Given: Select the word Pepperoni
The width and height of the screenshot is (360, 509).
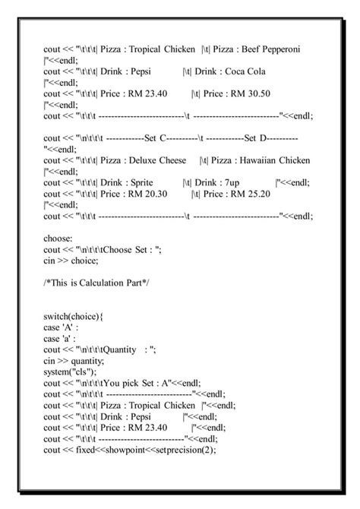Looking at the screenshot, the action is coord(284,49).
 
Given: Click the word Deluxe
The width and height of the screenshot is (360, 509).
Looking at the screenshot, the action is coord(145,161).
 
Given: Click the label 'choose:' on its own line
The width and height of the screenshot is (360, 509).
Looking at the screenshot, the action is coord(58,239).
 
